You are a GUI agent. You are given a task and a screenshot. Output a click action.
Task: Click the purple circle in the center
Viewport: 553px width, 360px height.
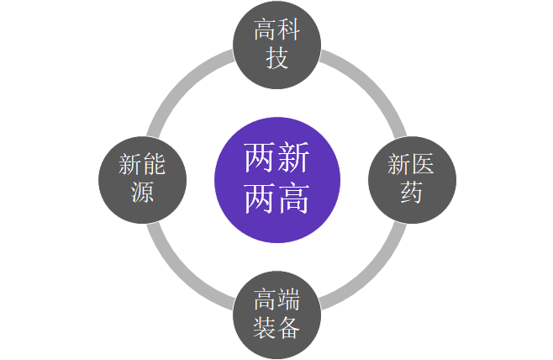(x=277, y=180)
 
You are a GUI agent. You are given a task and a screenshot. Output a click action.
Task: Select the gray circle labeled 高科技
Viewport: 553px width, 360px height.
(x=276, y=45)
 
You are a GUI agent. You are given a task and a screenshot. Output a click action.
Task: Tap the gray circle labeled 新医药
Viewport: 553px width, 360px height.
(x=412, y=180)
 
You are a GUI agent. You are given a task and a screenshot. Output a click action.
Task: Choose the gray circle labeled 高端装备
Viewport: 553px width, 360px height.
(x=276, y=315)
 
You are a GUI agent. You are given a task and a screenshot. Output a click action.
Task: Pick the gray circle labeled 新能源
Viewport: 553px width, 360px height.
(x=142, y=180)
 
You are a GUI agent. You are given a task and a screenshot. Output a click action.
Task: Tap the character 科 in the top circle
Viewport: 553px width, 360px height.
(x=289, y=30)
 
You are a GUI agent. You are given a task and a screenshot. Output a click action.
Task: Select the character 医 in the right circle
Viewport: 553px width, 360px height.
(x=423, y=164)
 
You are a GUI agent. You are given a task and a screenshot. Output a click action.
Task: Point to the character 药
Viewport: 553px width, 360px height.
(x=411, y=193)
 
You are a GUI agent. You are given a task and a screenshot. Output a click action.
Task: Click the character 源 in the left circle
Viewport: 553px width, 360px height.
(x=143, y=193)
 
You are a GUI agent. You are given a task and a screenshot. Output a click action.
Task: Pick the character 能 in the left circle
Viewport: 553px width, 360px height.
(x=154, y=164)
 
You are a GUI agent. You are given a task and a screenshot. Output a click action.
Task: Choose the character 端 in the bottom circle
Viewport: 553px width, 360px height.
(x=289, y=299)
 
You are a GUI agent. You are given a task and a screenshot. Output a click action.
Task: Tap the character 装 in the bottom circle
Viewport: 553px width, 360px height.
(x=266, y=328)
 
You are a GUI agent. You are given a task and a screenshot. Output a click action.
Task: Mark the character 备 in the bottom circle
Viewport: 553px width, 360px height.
(x=289, y=328)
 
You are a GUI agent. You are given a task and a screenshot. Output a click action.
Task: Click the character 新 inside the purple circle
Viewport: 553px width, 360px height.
(x=293, y=157)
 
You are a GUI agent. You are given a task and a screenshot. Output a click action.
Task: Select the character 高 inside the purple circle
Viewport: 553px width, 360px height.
(x=293, y=198)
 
